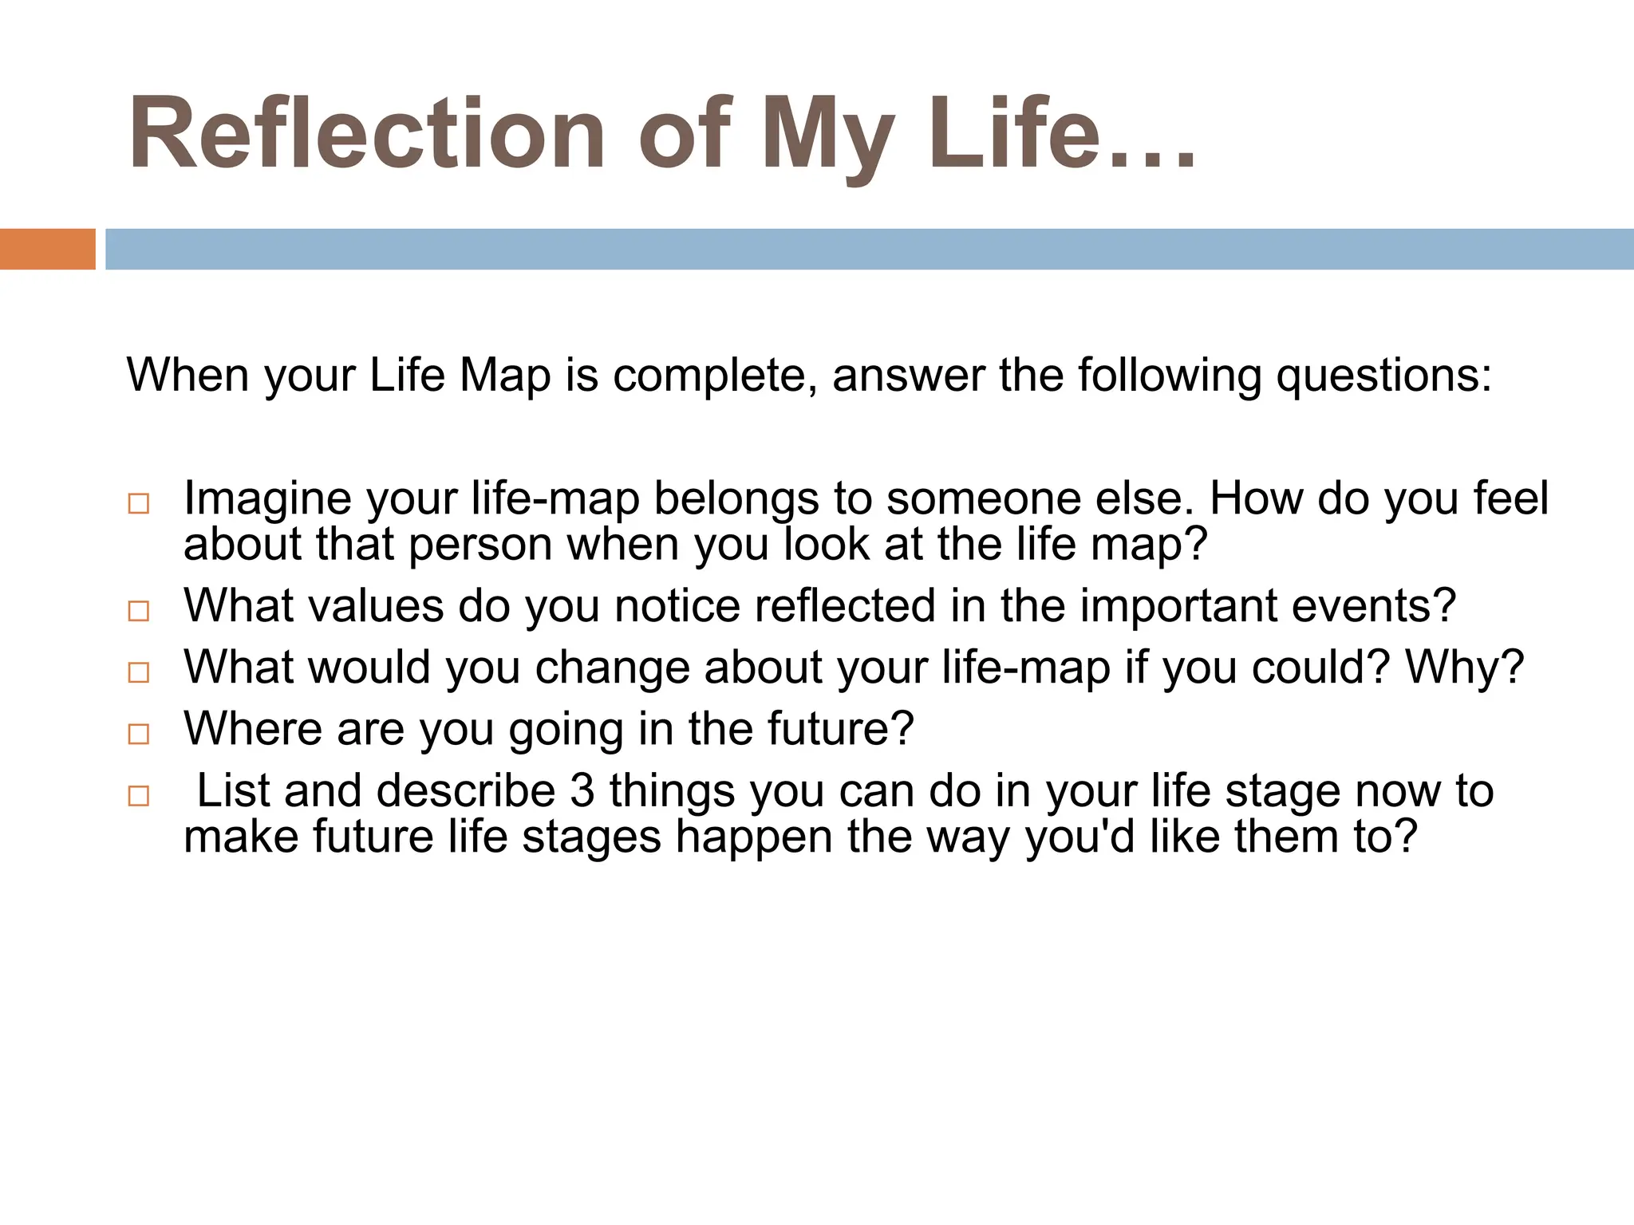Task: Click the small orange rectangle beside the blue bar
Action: [47, 249]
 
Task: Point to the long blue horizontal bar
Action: [869, 249]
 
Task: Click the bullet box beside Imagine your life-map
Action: [139, 504]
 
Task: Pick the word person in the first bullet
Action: [480, 546]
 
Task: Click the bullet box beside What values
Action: [139, 611]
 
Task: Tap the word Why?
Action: [1464, 668]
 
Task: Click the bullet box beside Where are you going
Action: [139, 734]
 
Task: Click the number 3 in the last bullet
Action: [583, 791]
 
